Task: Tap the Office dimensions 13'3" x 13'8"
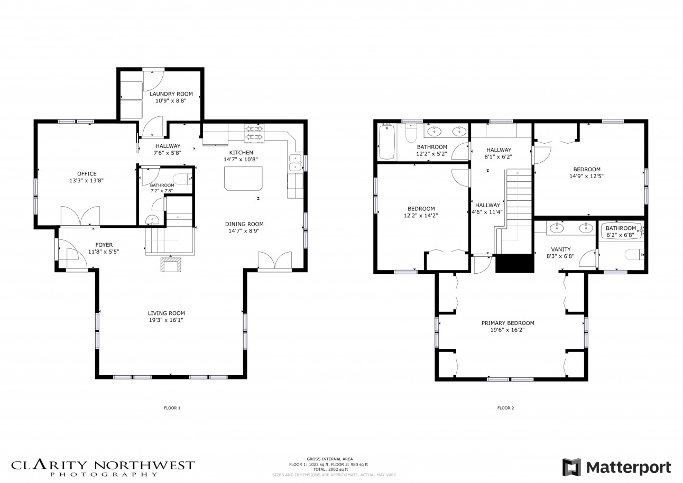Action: point(87,180)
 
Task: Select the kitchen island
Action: point(243,178)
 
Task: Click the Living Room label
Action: point(167,313)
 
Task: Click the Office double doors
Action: point(80,217)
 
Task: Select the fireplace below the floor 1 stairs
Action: point(171,264)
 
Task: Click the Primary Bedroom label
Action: point(507,323)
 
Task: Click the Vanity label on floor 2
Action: point(560,249)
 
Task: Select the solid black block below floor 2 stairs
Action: point(514,263)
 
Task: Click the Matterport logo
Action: point(616,467)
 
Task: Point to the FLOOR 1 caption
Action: point(172,408)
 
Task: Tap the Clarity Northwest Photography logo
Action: point(103,468)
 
